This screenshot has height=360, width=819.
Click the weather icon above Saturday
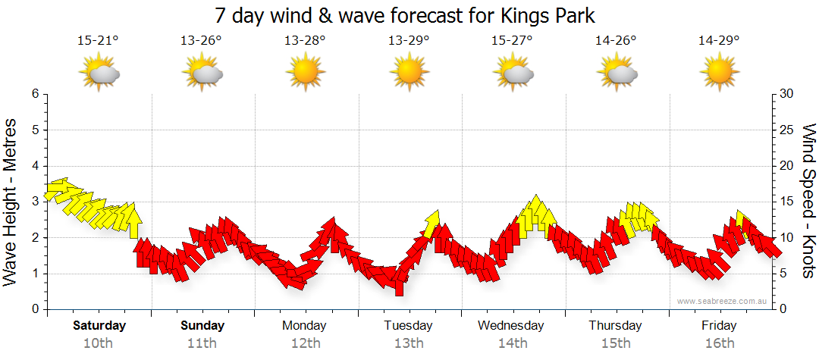[99, 73]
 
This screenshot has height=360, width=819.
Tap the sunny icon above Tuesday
[409, 73]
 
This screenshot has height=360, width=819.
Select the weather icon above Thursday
[616, 73]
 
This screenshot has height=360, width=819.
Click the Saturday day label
[99, 326]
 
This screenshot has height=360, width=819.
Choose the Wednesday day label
[511, 326]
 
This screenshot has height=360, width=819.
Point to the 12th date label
[305, 343]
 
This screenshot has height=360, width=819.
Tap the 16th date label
[719, 343]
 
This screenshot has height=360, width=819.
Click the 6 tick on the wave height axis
[34, 94]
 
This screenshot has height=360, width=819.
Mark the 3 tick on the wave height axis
[34, 202]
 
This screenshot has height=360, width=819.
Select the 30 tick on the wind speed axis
[787, 94]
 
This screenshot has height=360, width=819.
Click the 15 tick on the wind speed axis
[787, 202]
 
